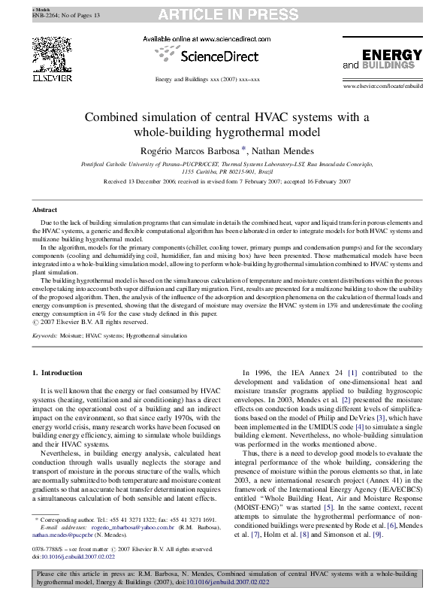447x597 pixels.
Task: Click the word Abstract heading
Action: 45,210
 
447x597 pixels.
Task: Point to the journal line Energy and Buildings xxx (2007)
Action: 207,79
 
